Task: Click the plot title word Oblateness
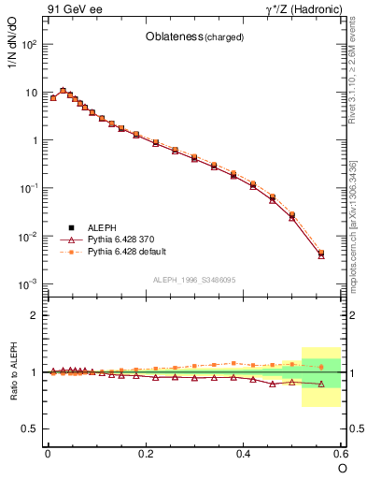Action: click(173, 37)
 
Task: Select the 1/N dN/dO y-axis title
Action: click(13, 56)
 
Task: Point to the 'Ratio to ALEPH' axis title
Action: click(13, 371)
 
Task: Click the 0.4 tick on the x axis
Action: click(244, 453)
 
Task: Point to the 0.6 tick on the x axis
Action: click(340, 453)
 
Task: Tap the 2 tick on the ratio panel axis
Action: click(34, 315)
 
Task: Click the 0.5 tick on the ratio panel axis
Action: click(30, 428)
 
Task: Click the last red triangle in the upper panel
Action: click(321, 254)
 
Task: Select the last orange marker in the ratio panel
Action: click(321, 367)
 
